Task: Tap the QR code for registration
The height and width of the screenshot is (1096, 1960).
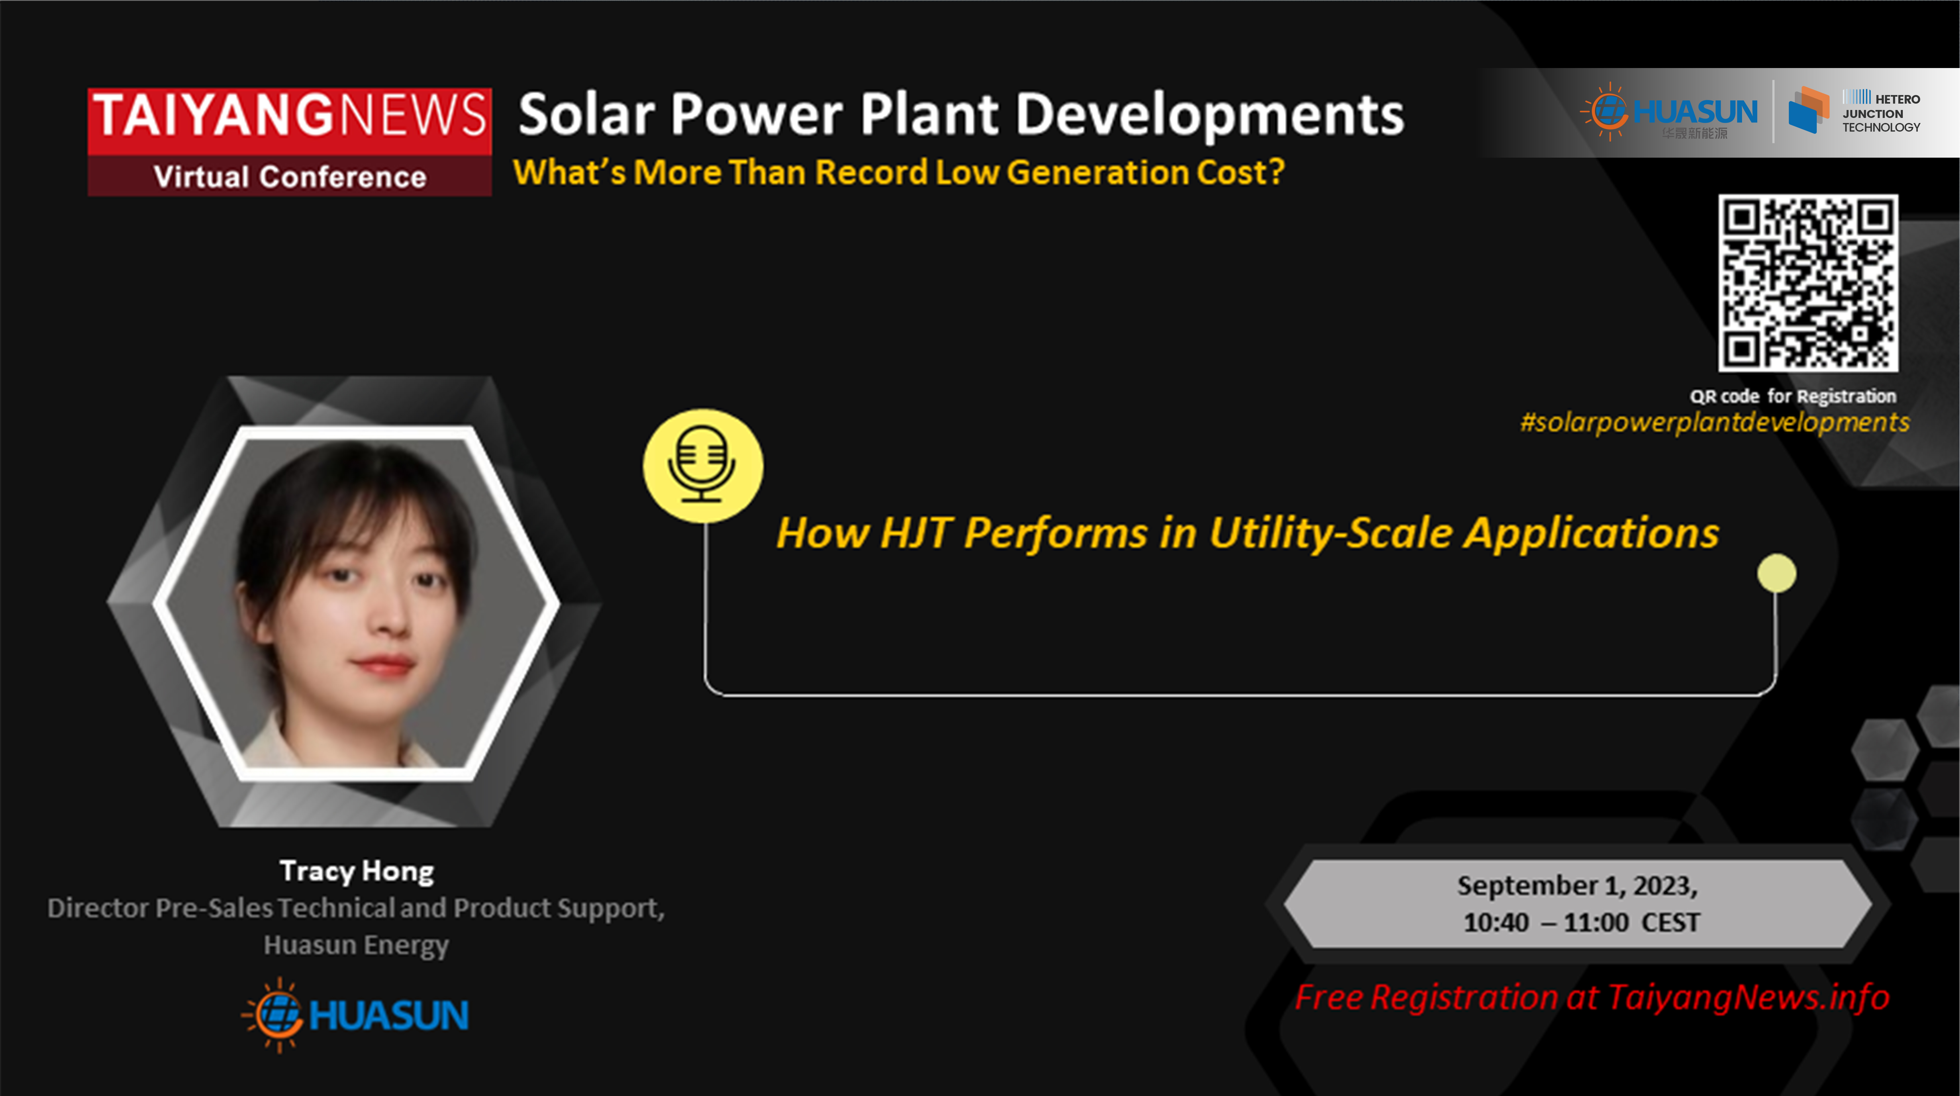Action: click(x=1808, y=283)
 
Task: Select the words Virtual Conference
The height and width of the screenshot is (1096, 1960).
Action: click(x=290, y=177)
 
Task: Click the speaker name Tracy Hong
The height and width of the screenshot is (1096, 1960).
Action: click(x=357, y=871)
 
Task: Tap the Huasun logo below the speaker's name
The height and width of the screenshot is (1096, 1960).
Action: click(x=355, y=1015)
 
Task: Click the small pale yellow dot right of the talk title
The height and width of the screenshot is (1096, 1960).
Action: click(x=1777, y=573)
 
